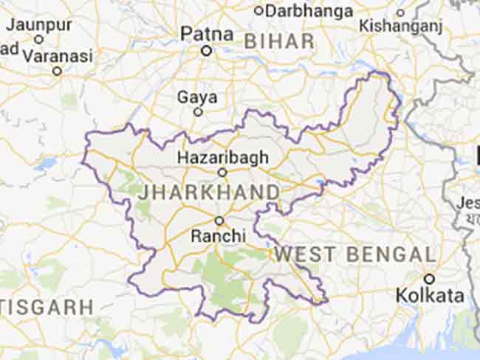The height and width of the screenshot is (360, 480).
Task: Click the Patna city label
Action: point(207,34)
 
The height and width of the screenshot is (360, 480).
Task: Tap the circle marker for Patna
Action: point(207,51)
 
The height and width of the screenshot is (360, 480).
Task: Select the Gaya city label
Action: point(197,97)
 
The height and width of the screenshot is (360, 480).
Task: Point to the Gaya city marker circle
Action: point(198,112)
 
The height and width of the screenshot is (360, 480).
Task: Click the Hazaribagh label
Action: point(222,156)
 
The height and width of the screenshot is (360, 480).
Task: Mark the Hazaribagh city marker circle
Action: point(222,172)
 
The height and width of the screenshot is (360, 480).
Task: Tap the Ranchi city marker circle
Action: point(219,221)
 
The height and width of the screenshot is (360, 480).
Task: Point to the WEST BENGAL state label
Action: point(355,255)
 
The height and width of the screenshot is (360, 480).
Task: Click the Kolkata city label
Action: point(430,296)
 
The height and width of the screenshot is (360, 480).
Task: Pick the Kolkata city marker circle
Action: point(429,279)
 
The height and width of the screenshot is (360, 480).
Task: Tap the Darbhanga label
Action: point(309,10)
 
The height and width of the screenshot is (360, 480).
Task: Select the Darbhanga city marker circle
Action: point(258,10)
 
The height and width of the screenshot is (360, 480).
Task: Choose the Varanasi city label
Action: point(58,55)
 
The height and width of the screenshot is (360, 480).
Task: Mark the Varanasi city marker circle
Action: point(57,71)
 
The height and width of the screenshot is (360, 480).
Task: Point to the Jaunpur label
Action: point(39,24)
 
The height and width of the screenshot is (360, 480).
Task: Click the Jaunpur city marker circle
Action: point(39,39)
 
